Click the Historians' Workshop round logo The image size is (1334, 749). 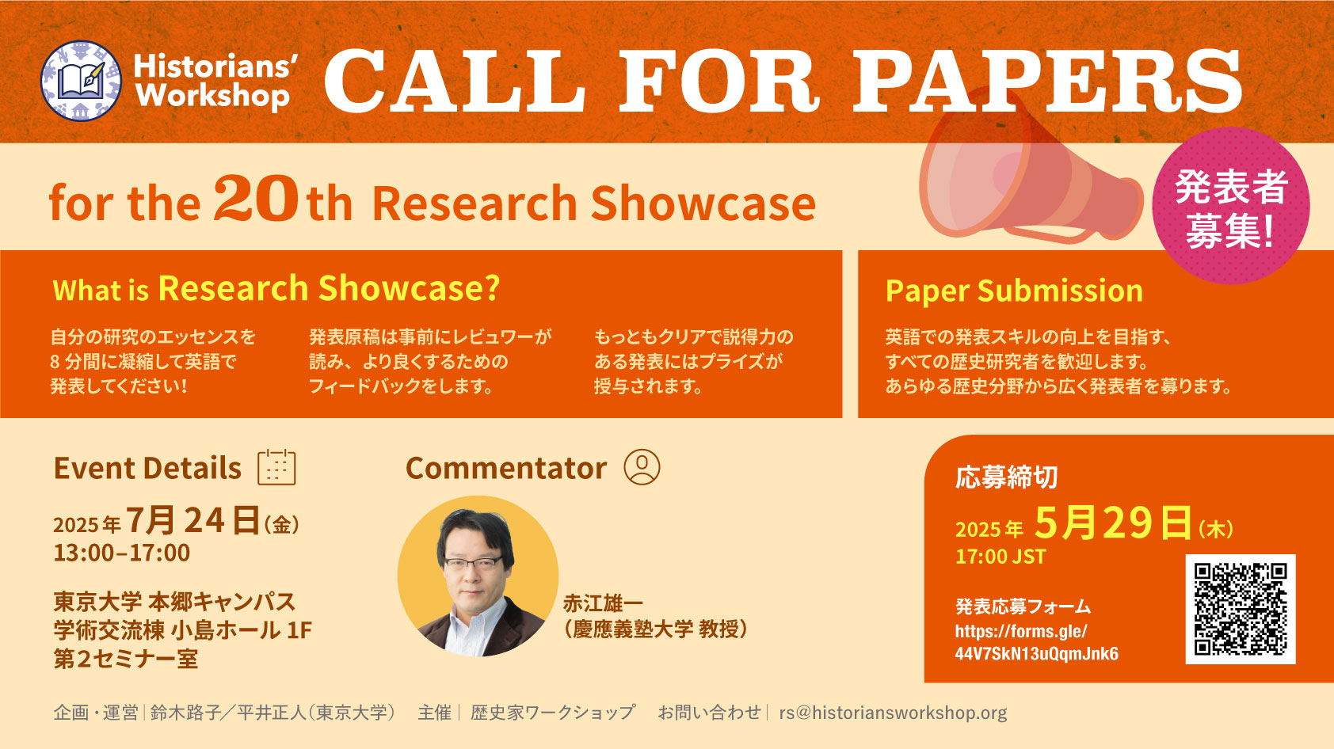81,81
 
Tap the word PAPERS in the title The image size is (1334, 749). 1047,81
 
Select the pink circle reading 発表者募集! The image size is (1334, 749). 1231,205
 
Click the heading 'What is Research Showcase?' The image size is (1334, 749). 276,289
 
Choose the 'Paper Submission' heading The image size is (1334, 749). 1014,291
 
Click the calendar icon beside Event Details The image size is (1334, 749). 277,467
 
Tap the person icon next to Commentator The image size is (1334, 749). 642,467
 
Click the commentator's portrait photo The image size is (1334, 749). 478,576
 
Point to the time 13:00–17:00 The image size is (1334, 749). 122,553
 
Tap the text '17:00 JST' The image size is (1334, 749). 1000,557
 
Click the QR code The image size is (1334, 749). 1241,609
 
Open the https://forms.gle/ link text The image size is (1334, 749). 1021,631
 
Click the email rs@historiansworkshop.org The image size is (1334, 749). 894,713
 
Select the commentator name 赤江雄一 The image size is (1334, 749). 604,603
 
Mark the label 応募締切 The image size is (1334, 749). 1007,477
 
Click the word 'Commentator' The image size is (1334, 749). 506,468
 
